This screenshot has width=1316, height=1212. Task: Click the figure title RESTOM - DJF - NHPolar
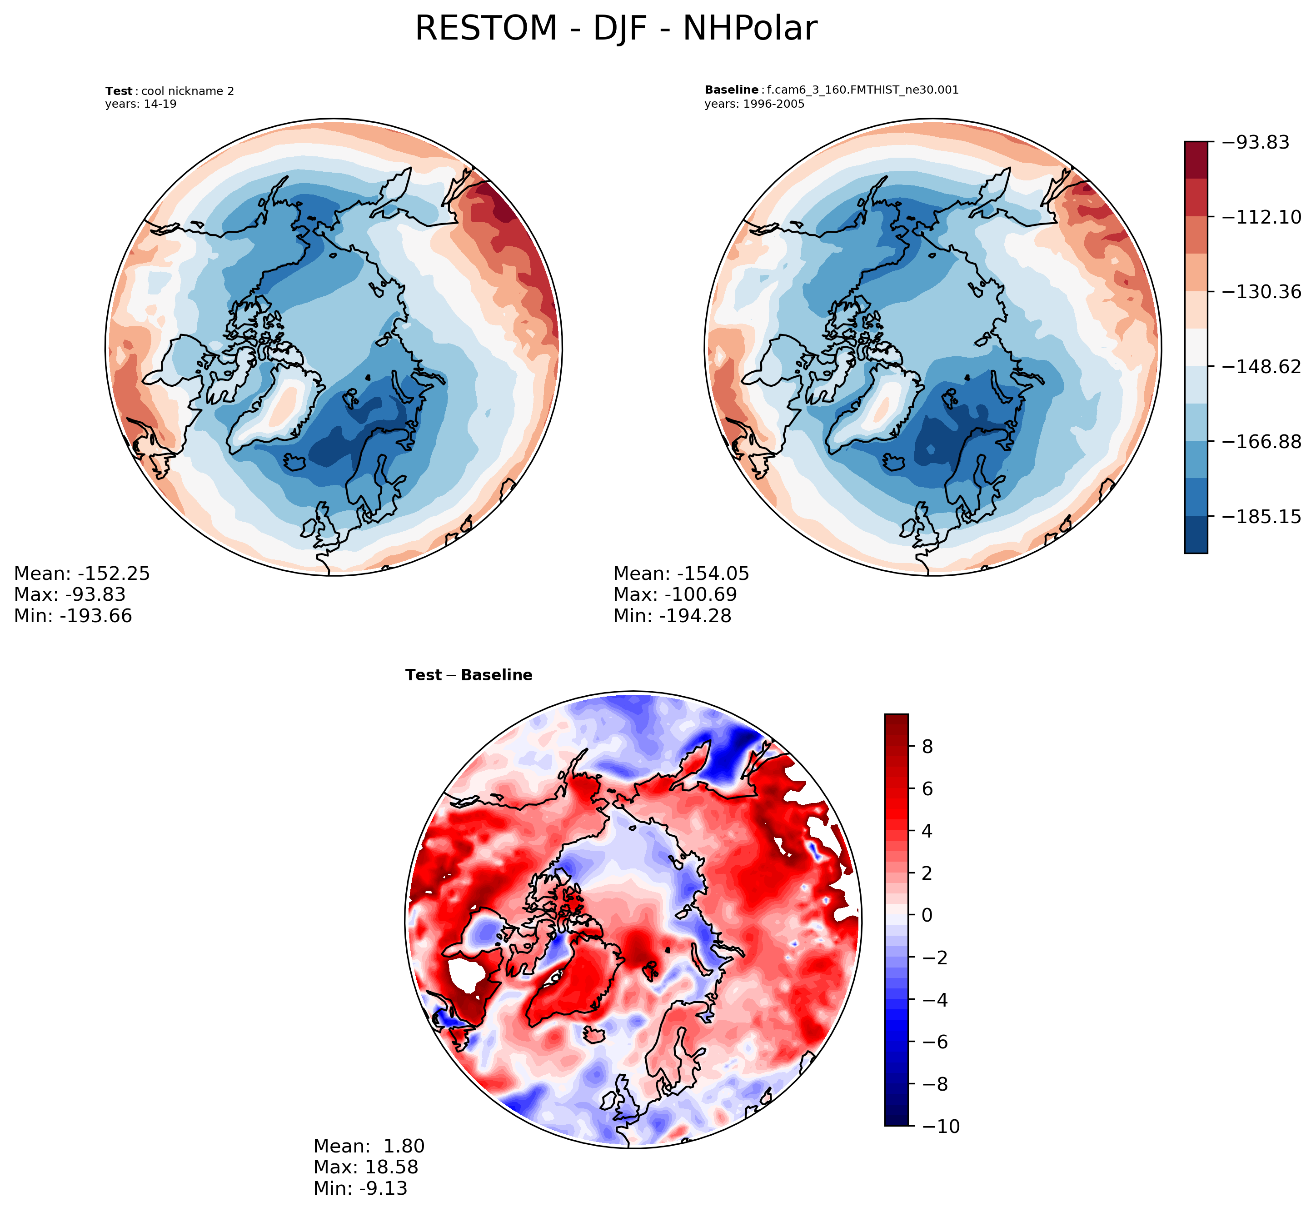point(616,29)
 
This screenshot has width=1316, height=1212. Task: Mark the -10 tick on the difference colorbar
point(940,1127)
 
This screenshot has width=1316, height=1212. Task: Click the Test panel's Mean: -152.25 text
point(82,574)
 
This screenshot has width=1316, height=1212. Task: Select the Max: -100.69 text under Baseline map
point(675,595)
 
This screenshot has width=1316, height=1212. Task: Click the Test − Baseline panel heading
point(469,675)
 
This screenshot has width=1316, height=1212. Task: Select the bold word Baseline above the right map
point(731,90)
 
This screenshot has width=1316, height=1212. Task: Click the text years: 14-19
point(140,104)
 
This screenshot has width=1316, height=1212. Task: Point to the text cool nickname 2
point(188,91)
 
